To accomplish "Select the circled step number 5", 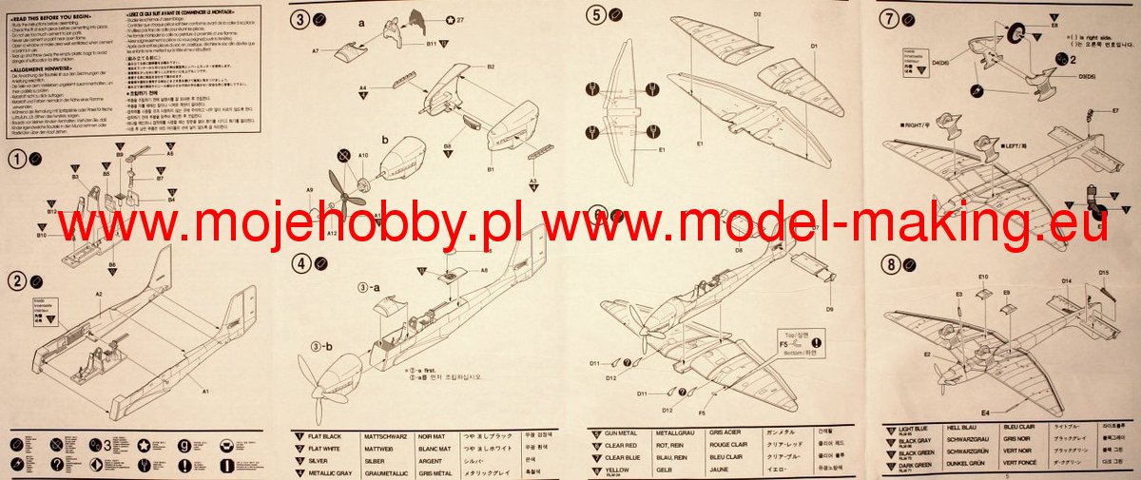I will point(596,14).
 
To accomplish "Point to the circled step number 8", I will point(889,264).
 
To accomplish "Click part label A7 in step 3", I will point(316,50).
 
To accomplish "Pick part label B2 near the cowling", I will point(491,67).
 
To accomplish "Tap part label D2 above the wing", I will point(758,14).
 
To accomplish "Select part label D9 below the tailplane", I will point(829,309).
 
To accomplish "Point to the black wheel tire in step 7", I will point(1023,36).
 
